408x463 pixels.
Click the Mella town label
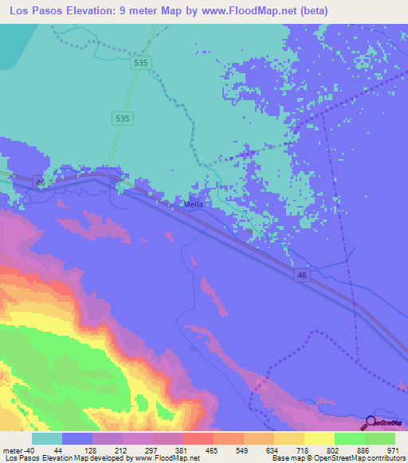tap(194, 204)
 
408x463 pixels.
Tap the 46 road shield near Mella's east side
tap(301, 274)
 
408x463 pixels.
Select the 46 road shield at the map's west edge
tap(40, 183)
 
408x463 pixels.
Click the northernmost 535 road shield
tap(142, 62)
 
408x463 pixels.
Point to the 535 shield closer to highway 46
tap(122, 118)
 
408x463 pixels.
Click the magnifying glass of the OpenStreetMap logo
tap(371, 423)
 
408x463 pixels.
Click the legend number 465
tap(213, 449)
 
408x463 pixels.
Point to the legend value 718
tap(304, 449)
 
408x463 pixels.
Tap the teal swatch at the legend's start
tap(46, 438)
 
